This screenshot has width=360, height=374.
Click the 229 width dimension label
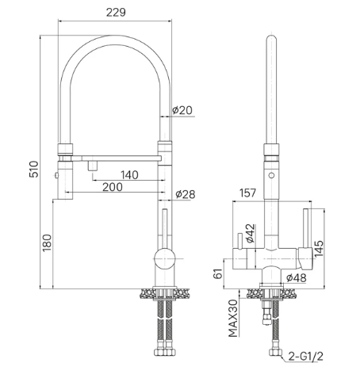tap(116, 12)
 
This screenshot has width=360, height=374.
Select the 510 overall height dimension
tap(34, 169)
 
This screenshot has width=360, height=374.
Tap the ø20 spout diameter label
tap(182, 110)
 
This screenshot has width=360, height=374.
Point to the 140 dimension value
tap(129, 175)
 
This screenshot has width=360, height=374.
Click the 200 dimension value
tap(113, 187)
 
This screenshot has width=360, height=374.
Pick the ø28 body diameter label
tap(186, 194)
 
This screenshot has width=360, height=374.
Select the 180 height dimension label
tap(47, 242)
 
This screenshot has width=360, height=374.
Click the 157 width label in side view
tap(247, 193)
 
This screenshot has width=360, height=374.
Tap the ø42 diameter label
tap(250, 233)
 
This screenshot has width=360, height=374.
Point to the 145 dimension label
tap(319, 248)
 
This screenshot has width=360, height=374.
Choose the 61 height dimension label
tap(218, 273)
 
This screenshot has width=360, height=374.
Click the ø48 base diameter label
tap(297, 277)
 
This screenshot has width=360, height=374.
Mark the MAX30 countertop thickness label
tap(233, 319)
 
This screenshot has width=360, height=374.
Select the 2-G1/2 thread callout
tap(306, 357)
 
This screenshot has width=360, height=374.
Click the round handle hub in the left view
tap(165, 258)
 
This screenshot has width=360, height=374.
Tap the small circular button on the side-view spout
tap(271, 175)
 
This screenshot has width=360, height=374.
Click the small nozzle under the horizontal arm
tap(93, 166)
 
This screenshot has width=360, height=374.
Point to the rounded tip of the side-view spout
tap(271, 37)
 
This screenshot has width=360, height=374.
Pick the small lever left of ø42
tap(240, 241)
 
